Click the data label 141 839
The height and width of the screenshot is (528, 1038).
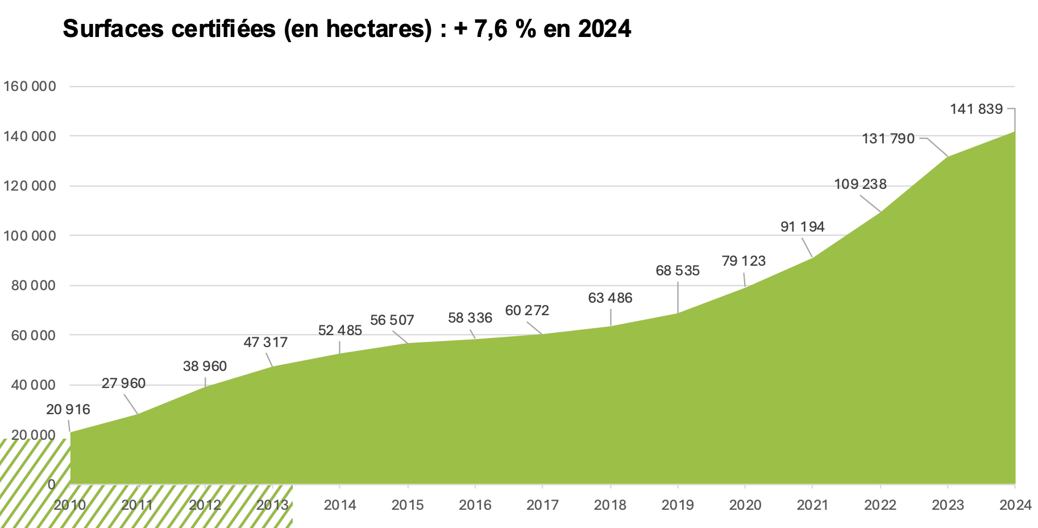[x=976, y=109]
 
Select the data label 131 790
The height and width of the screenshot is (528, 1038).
[x=888, y=138]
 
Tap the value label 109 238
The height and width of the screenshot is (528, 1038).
[x=860, y=184]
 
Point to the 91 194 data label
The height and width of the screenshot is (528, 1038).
[x=802, y=226]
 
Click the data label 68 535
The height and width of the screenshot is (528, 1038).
[x=677, y=270]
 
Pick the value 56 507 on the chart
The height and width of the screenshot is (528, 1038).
[x=392, y=320]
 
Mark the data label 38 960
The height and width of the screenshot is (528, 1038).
[x=205, y=366]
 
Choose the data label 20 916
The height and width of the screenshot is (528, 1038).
[x=68, y=409]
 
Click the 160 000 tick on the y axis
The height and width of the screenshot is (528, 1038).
[x=30, y=86]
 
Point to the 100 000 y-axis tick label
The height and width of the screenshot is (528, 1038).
[x=30, y=236]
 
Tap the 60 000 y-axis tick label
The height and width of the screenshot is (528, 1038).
[x=33, y=335]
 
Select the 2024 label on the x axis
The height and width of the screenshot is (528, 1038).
[x=1015, y=505]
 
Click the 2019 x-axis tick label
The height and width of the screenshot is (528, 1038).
[x=678, y=505]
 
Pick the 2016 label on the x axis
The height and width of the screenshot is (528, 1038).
[x=475, y=505]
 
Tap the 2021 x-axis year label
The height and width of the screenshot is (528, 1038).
[x=812, y=505]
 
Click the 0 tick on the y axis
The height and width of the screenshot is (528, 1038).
[x=51, y=484]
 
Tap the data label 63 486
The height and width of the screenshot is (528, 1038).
[x=610, y=298]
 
